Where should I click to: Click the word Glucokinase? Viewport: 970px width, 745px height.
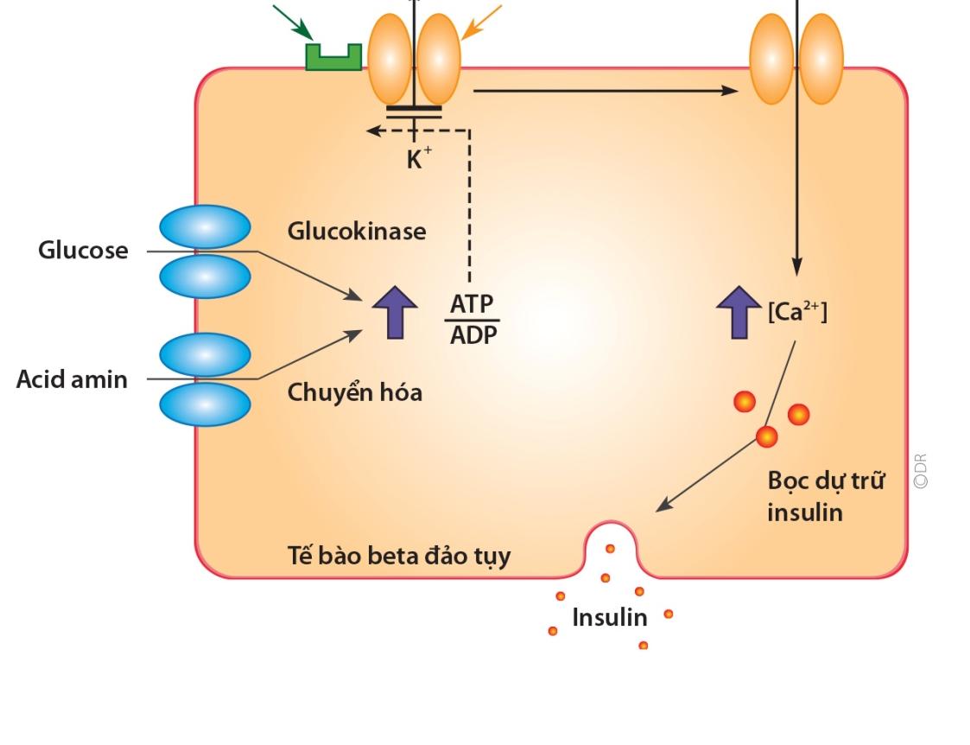[x=357, y=232]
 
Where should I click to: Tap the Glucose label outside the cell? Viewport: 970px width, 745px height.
[x=84, y=250]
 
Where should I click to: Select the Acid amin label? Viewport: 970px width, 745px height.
[x=73, y=379]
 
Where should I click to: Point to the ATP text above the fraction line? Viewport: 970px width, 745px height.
[x=472, y=304]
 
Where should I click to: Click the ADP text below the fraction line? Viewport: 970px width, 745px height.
[x=473, y=335]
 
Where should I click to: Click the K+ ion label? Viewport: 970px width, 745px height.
[x=419, y=158]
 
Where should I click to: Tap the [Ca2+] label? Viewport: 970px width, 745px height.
[x=797, y=310]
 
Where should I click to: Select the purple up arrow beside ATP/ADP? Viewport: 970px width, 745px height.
[x=395, y=313]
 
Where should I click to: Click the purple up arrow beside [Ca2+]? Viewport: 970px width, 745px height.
[x=739, y=313]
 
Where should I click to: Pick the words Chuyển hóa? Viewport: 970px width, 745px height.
[x=355, y=392]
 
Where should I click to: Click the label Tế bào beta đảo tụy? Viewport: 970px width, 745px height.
[x=399, y=556]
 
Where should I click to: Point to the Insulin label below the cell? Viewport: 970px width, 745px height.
[x=610, y=617]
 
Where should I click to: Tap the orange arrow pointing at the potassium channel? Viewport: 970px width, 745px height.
[x=481, y=22]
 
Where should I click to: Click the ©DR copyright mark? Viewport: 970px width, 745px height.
[x=921, y=471]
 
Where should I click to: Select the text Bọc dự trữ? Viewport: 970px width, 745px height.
[x=826, y=481]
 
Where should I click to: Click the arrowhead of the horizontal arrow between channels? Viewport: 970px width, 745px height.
[x=732, y=91]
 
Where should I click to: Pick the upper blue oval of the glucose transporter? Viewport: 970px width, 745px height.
[x=206, y=227]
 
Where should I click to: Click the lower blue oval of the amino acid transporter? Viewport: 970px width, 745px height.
[x=206, y=404]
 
